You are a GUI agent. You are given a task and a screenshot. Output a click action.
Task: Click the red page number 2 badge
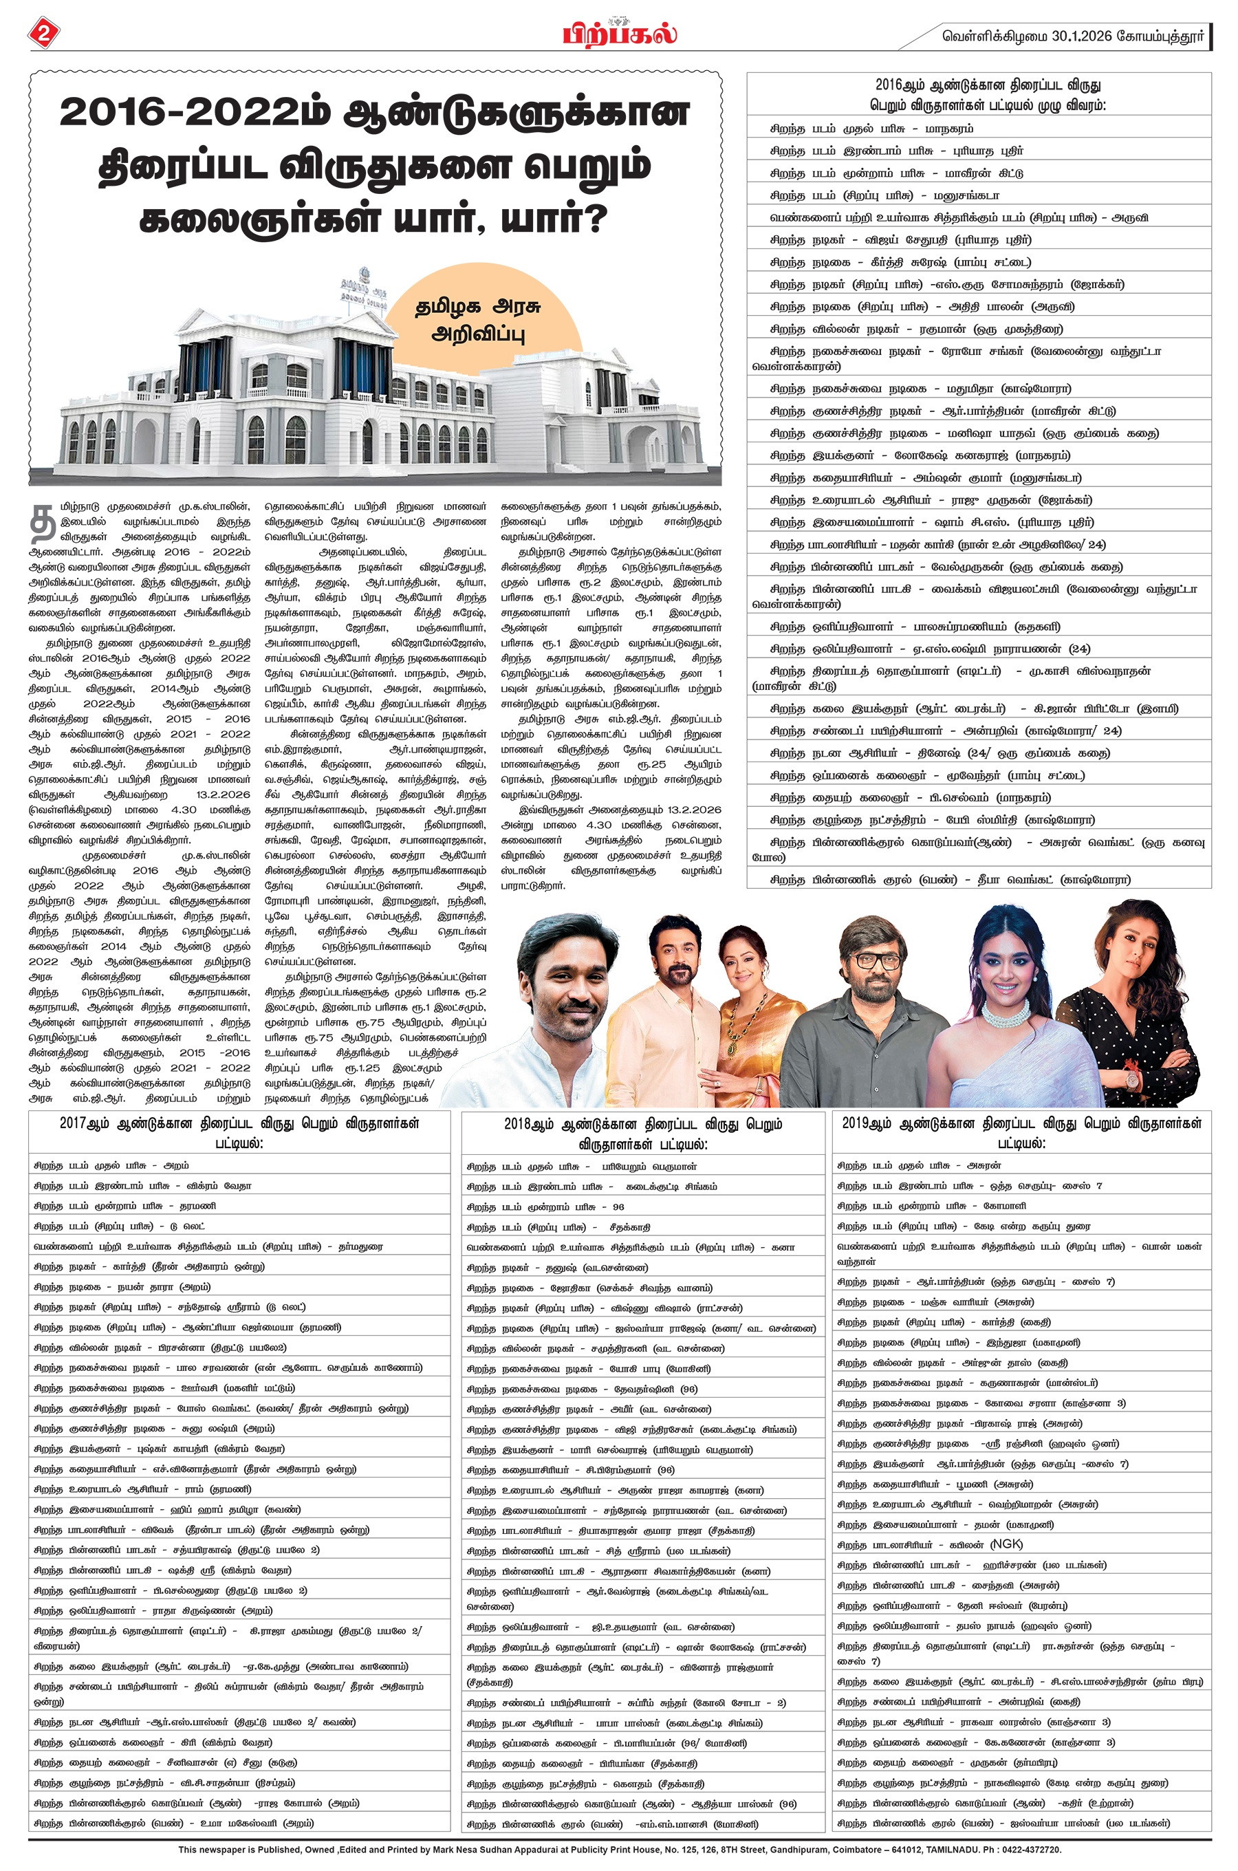click(x=44, y=33)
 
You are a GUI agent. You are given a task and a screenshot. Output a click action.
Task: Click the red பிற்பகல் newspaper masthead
click(x=619, y=34)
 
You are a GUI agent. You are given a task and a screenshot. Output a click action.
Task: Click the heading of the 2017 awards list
click(x=239, y=1132)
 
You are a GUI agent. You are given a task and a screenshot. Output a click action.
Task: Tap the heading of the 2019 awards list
click(x=1021, y=1132)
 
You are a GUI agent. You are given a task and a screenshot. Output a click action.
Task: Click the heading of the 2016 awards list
click(x=979, y=94)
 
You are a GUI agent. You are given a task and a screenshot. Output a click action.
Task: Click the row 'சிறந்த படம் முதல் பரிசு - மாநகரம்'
click(x=871, y=129)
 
